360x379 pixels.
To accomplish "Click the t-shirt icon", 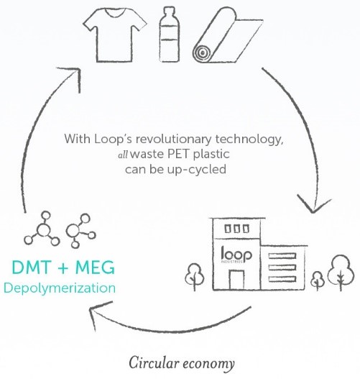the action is tap(115, 36).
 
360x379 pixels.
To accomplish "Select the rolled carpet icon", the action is tap(228, 35).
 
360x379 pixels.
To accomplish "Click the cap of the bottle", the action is tap(170, 12).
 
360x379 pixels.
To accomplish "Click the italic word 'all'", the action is tap(123, 155).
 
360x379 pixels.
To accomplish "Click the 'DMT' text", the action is tap(31, 268).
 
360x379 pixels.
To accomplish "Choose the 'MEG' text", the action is tap(95, 268).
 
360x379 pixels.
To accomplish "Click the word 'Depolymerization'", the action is tap(60, 288).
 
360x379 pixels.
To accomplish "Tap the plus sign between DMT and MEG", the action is tap(63, 268).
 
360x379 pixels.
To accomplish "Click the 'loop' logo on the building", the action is tap(236, 255).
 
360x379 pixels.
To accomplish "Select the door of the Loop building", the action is tap(236, 280).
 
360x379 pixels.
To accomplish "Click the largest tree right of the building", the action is tap(341, 273).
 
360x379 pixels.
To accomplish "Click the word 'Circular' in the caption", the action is tap(154, 363).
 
